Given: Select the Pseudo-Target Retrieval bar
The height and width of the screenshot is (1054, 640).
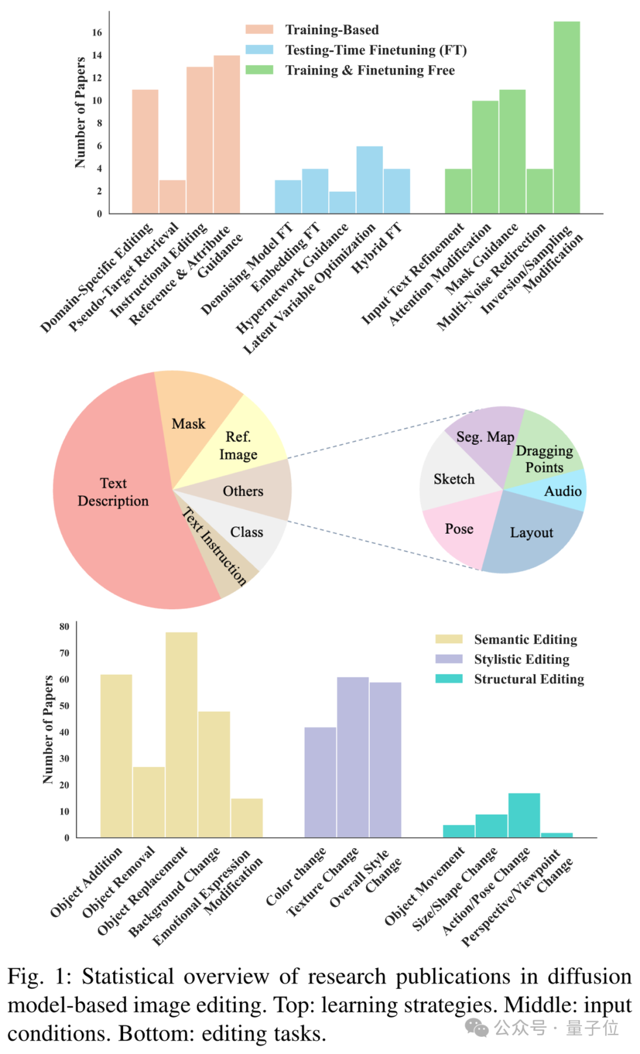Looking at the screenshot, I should tap(172, 197).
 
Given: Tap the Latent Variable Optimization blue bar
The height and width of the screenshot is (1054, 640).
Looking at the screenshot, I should tap(369, 180).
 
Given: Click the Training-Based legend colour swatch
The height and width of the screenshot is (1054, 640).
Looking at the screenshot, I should tap(259, 30).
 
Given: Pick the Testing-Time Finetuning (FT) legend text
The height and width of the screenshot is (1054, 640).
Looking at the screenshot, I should tap(376, 50).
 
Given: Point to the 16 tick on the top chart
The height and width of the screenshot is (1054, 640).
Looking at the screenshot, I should tap(97, 33).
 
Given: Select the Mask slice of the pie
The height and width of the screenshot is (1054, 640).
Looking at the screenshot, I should tap(188, 424).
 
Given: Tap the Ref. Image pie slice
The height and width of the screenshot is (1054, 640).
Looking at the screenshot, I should tap(238, 446).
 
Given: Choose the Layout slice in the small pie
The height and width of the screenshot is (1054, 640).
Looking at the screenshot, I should tap(531, 533).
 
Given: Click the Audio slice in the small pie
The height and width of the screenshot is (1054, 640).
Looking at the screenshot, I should tap(562, 491).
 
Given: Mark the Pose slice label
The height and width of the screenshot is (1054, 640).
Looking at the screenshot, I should tap(459, 529).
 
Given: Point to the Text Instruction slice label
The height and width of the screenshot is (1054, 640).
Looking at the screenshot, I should tap(215, 546).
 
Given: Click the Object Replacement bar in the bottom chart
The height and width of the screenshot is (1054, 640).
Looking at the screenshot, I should tap(181, 735).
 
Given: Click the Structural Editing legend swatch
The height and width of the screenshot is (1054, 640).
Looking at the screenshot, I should tap(449, 679).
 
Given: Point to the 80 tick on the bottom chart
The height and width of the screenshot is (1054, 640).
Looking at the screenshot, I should tap(64, 627).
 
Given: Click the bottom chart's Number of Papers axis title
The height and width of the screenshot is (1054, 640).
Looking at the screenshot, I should tap(48, 730).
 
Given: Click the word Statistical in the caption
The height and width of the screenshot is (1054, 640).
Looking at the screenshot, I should tap(128, 976).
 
